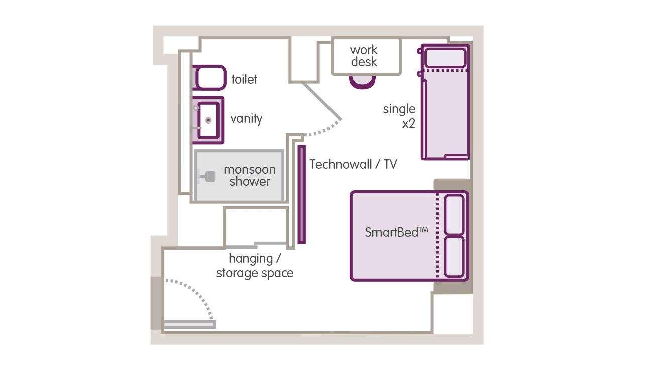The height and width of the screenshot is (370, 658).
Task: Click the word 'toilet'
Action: pos(244,79)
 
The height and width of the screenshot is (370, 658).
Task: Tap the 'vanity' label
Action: pos(246,119)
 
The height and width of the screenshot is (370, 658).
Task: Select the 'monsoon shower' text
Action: pos(250,175)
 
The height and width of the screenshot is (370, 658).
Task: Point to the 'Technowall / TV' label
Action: pos(353,164)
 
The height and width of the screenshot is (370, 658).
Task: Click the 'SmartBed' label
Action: pos(396,232)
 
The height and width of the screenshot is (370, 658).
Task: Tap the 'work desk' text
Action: pos(364,56)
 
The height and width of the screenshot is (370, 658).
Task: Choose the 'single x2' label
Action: pos(400,116)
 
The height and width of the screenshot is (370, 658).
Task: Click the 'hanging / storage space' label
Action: pos(255,266)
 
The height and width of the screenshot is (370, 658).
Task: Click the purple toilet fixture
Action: pos(209,78)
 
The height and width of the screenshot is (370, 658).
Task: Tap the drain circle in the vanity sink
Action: pos(208,120)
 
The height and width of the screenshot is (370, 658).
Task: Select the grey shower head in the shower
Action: pos(210,177)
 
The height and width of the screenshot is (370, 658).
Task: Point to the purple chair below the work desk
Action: pos(362,82)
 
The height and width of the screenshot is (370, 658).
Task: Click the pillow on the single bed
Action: pos(445,58)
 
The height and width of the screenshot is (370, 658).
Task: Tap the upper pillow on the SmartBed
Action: pos(454,214)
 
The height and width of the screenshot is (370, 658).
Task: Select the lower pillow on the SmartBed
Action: pos(454,257)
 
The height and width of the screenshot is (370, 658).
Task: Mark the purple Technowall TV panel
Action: pos(301,194)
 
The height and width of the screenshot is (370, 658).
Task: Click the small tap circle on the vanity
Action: pos(196,108)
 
